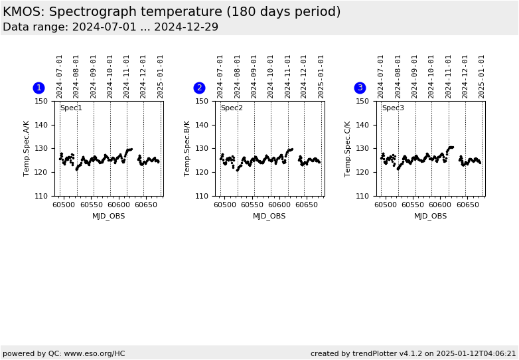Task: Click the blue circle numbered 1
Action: pyautogui.click(x=38, y=88)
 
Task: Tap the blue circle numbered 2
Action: pyautogui.click(x=199, y=88)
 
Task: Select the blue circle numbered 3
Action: pyautogui.click(x=360, y=88)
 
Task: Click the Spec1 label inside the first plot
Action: pyautogui.click(x=71, y=108)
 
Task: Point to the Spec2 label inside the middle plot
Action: pyautogui.click(x=232, y=108)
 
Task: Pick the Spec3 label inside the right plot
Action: pyautogui.click(x=393, y=108)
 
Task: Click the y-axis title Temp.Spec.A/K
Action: pyautogui.click(x=27, y=148)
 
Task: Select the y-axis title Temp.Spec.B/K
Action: pyautogui.click(x=188, y=148)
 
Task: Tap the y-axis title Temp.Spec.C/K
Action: pyautogui.click(x=348, y=148)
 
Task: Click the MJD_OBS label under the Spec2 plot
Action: pyautogui.click(x=269, y=216)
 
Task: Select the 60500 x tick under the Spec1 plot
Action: pyautogui.click(x=64, y=206)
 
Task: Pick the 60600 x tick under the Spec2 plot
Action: pyautogui.click(x=279, y=206)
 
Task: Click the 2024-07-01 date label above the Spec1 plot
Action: pyautogui.click(x=60, y=76)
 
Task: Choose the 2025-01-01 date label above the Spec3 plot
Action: pyautogui.click(x=482, y=76)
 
